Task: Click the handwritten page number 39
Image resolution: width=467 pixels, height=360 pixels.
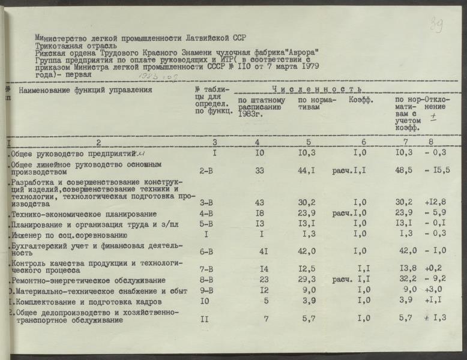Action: pos(436,25)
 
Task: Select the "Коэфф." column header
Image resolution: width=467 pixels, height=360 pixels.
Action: pos(361,100)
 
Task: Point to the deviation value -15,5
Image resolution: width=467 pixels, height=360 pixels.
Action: pos(439,171)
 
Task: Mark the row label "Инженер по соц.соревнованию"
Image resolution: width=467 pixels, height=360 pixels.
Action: pos(71,235)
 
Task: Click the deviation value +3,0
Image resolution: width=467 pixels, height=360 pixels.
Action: pos(437,290)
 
